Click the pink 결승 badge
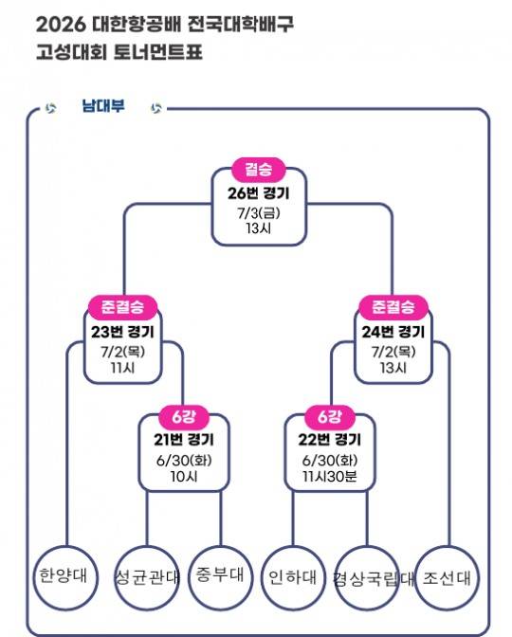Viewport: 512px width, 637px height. pyautogui.click(x=259, y=169)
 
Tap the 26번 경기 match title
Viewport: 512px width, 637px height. pyautogui.click(x=259, y=193)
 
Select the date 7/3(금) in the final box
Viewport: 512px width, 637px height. pyautogui.click(x=259, y=212)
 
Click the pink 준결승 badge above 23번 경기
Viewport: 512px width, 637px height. pyautogui.click(x=122, y=307)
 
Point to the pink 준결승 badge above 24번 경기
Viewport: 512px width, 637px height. pyautogui.click(x=393, y=307)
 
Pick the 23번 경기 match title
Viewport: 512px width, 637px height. pyautogui.click(x=122, y=333)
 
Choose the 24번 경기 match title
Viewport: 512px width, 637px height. pyautogui.click(x=393, y=333)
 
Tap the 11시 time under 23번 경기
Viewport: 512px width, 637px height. pyautogui.click(x=122, y=368)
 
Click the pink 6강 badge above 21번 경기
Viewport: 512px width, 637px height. pyautogui.click(x=184, y=417)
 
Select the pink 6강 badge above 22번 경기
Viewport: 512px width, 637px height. pyautogui.click(x=330, y=417)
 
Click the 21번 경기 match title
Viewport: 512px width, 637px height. pyautogui.click(x=184, y=440)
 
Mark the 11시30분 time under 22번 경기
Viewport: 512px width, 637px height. pyautogui.click(x=330, y=476)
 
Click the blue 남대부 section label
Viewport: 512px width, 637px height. pyautogui.click(x=103, y=106)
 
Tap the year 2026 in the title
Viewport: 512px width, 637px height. pyautogui.click(x=61, y=26)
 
